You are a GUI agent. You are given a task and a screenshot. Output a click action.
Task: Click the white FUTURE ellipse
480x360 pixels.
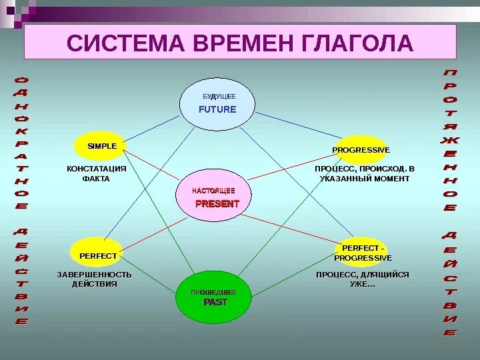[x=217, y=105]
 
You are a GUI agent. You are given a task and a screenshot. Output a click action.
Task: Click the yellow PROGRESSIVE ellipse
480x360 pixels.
[x=360, y=150]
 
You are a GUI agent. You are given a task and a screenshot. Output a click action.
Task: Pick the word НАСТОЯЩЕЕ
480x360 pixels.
[x=213, y=191]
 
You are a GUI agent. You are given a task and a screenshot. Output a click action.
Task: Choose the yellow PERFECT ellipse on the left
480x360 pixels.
[x=97, y=253]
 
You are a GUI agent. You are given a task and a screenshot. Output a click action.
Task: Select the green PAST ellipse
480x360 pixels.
[x=214, y=298]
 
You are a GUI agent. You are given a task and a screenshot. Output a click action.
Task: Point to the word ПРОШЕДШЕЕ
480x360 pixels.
[x=213, y=293]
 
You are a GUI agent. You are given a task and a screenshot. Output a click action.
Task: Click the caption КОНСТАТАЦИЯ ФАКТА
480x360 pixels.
[x=96, y=173]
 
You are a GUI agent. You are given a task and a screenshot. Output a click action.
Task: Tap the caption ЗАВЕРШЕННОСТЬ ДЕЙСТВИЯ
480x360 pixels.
[x=94, y=279]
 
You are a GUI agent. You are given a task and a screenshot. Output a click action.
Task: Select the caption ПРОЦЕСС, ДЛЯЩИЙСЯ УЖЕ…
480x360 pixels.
[x=362, y=279]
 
